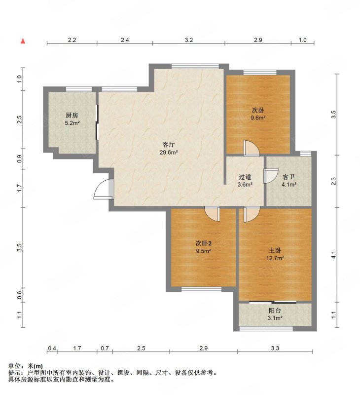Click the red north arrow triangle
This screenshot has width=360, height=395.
23,41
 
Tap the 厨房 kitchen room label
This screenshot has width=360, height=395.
72,116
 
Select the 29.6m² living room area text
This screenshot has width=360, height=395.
169,152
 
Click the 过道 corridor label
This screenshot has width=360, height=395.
245,177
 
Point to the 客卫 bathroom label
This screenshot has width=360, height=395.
288,177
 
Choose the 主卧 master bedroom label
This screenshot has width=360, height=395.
275,250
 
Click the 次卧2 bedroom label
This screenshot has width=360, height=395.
204,243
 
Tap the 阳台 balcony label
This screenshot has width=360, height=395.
275,311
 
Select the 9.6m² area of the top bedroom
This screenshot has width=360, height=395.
258,118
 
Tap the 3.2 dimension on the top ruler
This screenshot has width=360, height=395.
189,40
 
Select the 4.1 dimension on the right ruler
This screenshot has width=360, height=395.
333,255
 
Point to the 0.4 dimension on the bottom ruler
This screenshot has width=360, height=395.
52,348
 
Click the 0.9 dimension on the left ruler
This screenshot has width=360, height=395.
20,158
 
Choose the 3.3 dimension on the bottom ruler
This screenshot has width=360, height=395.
275,348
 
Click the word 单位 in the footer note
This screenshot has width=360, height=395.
14,366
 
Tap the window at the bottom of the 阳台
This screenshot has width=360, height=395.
266,328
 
